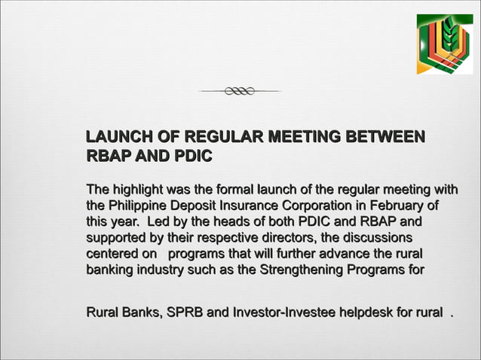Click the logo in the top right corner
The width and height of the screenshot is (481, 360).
point(445,44)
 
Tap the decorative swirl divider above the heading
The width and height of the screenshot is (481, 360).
point(240,91)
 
